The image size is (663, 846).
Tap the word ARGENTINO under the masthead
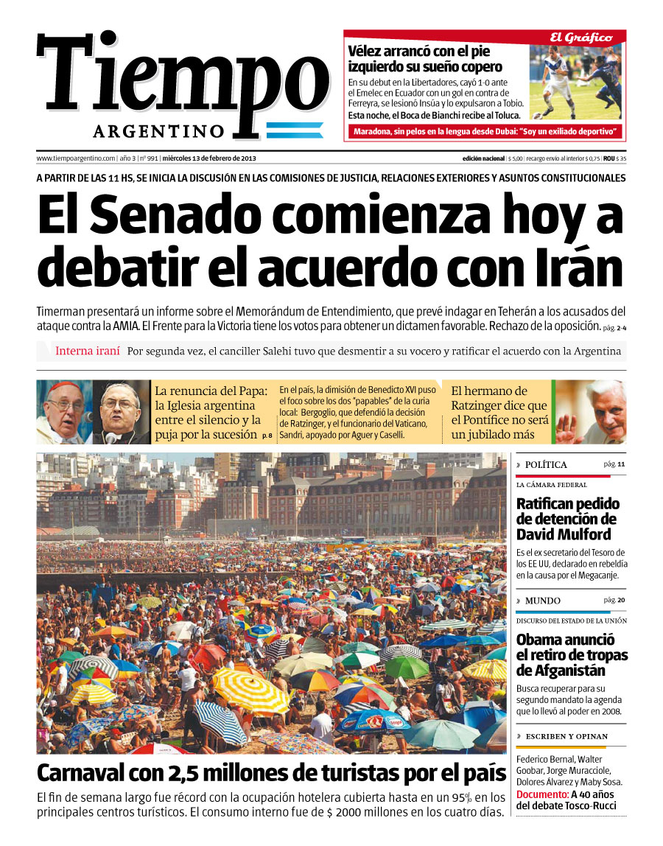point(158,131)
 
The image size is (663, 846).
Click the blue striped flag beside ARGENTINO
point(294,130)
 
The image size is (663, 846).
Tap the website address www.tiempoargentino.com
point(76,158)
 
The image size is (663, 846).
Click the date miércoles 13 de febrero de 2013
point(209,158)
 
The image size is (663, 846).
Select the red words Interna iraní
point(87,351)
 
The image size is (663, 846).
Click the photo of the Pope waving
point(589,412)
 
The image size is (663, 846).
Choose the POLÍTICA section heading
point(546,465)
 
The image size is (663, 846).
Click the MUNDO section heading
point(542,601)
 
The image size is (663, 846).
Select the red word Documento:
point(541,794)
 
